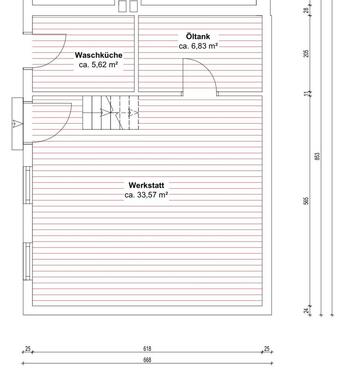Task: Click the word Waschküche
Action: click(x=99, y=55)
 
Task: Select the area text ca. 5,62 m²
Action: click(x=99, y=66)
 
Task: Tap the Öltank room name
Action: click(x=198, y=36)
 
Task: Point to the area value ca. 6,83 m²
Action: click(x=198, y=47)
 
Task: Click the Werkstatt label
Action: click(x=147, y=184)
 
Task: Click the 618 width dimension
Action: click(x=147, y=349)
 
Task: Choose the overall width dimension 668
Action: click(x=147, y=361)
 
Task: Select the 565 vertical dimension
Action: click(x=306, y=199)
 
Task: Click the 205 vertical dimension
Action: click(x=306, y=54)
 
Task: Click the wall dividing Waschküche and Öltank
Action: click(x=136, y=55)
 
